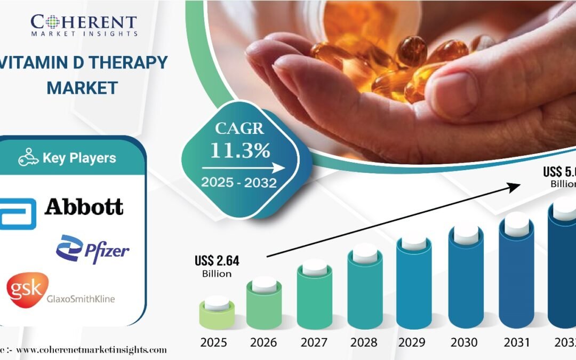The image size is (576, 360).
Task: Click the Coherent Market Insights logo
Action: pyautogui.click(x=84, y=25)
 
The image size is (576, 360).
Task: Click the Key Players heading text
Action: pyautogui.click(x=79, y=158)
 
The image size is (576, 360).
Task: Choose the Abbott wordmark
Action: pyautogui.click(x=84, y=207)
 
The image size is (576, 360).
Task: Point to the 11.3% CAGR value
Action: pyautogui.click(x=239, y=151)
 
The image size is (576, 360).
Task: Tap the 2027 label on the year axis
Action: pyautogui.click(x=315, y=341)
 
